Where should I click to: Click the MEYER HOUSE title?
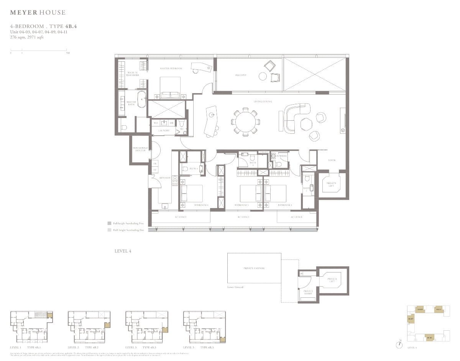[38, 13]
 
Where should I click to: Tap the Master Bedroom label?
[171, 69]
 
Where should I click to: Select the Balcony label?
[241, 75]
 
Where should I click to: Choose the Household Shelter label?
[140, 149]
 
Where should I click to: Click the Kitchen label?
[165, 178]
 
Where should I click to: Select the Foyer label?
[332, 160]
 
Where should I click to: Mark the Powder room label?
[282, 156]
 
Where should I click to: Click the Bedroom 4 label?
[201, 205]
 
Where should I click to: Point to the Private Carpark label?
[254, 268]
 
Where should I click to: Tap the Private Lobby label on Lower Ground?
[308, 292]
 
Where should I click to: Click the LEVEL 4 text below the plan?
[123, 251]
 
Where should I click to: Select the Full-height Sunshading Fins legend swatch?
[109, 223]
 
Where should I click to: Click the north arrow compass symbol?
[400, 345]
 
